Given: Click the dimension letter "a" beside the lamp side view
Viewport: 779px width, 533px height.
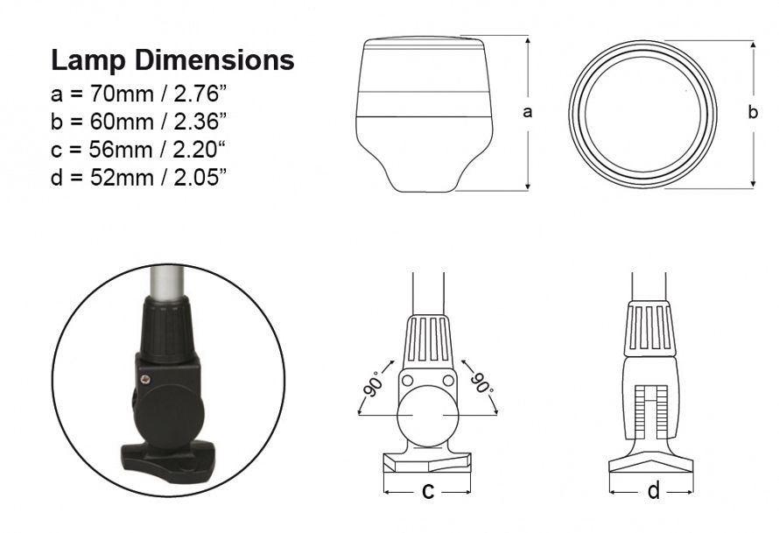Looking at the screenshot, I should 527,112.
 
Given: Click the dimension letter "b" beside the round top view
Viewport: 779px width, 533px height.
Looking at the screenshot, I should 753,112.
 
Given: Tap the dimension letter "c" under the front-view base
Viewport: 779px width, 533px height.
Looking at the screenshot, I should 428,491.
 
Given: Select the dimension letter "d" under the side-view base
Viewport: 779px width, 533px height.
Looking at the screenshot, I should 653,491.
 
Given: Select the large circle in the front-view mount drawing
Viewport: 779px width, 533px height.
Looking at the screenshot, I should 427,417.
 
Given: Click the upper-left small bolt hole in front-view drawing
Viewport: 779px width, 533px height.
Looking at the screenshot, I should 407,380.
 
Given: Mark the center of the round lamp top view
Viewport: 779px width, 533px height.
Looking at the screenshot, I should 642,114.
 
